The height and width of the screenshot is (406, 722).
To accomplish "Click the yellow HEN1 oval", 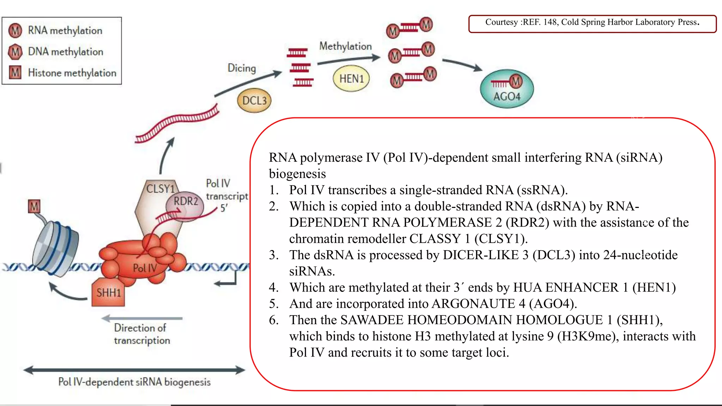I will [351, 79].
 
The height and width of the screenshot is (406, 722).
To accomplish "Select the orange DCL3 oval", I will [254, 100].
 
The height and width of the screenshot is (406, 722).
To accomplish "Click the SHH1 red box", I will [108, 293].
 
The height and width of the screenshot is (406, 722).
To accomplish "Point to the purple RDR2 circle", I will [185, 202].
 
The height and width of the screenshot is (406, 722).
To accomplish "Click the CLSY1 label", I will [160, 189].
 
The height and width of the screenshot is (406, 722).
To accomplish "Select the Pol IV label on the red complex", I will [145, 268].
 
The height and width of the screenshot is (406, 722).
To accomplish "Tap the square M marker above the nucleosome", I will [34, 207].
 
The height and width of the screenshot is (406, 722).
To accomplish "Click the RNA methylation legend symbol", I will [15, 31].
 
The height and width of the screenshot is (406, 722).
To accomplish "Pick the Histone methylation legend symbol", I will [15, 73].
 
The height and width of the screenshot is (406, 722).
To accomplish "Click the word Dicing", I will [242, 68].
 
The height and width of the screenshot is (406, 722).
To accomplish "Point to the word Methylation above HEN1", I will [345, 46].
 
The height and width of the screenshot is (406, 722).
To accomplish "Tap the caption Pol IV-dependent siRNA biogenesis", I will [134, 382].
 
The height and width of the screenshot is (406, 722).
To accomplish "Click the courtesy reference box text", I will [592, 22].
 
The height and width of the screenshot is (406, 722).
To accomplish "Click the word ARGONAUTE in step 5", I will [473, 304].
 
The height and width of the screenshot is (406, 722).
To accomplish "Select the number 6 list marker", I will [274, 320].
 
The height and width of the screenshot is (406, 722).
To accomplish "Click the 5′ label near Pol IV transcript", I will [224, 208].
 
